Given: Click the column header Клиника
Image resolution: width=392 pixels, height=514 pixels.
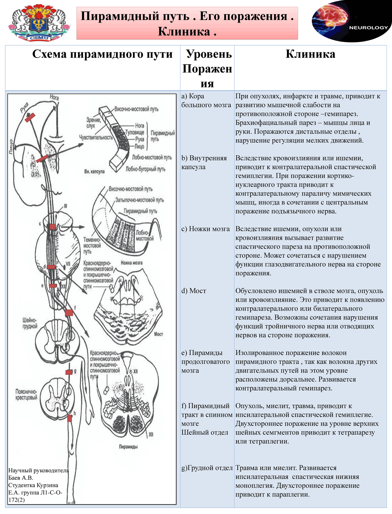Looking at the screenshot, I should [310, 54].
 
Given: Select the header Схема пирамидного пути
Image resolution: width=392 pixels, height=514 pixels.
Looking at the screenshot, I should [102, 54].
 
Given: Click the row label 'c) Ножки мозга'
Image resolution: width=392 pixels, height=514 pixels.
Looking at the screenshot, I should [205, 229].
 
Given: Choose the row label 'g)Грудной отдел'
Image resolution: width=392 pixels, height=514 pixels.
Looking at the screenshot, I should [207, 468].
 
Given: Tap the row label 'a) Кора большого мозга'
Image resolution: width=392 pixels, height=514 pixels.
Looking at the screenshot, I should [206, 100].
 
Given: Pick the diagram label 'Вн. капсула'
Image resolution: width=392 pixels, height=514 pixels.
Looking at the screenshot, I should [94, 172].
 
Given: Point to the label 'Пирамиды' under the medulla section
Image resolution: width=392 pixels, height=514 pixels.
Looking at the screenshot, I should [128, 447].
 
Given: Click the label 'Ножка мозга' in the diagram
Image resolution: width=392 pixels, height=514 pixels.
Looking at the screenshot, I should [131, 263].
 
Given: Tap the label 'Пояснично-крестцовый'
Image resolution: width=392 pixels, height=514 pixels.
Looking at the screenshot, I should [26, 395].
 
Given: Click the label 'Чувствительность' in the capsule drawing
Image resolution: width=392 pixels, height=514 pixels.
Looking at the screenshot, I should [96, 138].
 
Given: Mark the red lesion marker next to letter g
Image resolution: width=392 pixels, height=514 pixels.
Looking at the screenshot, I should [69, 372].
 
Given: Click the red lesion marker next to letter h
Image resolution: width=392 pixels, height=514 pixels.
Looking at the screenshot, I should [70, 418].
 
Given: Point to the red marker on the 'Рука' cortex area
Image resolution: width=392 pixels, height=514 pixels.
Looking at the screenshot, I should [30, 117].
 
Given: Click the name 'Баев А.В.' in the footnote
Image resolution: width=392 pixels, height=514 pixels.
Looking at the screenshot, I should [21, 478].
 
